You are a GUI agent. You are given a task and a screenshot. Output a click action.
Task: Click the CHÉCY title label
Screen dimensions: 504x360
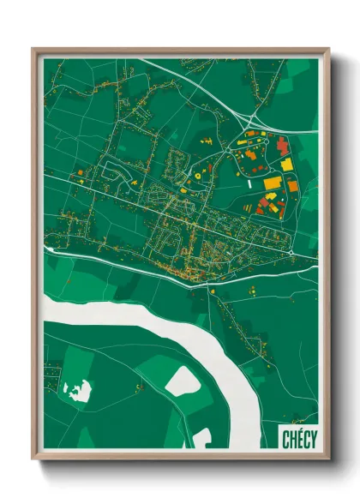click(299, 439)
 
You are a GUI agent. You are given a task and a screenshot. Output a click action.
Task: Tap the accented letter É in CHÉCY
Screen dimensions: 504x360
click(299, 438)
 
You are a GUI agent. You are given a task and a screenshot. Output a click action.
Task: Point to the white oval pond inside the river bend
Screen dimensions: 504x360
click(182, 380)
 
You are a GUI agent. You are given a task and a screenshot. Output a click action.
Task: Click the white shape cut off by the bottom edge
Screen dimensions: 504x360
click(201, 439)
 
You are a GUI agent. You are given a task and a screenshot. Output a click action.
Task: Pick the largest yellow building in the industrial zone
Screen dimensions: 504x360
click(272, 182)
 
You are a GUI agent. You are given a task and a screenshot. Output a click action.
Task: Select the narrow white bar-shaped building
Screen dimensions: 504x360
click(250, 183)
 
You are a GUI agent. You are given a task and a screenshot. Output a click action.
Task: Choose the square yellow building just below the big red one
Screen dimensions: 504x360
click(287, 164)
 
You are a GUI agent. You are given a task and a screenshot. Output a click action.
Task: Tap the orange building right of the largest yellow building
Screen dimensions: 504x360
click(291, 185)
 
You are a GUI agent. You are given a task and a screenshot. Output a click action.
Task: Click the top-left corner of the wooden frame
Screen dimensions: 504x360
click(34, 50)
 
